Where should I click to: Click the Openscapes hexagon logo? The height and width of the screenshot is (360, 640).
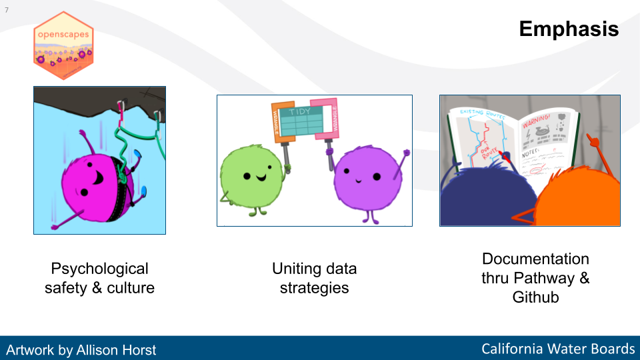[x=63, y=46]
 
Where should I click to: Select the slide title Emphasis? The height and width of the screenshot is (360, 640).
[x=569, y=29]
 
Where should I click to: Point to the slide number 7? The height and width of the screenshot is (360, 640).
[x=7, y=10]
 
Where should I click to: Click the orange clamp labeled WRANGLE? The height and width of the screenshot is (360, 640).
[x=281, y=120]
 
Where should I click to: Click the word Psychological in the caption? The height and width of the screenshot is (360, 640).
[x=99, y=269]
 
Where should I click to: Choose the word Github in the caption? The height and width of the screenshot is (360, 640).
[x=535, y=297]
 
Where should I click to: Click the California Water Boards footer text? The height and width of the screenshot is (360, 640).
[x=558, y=349]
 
